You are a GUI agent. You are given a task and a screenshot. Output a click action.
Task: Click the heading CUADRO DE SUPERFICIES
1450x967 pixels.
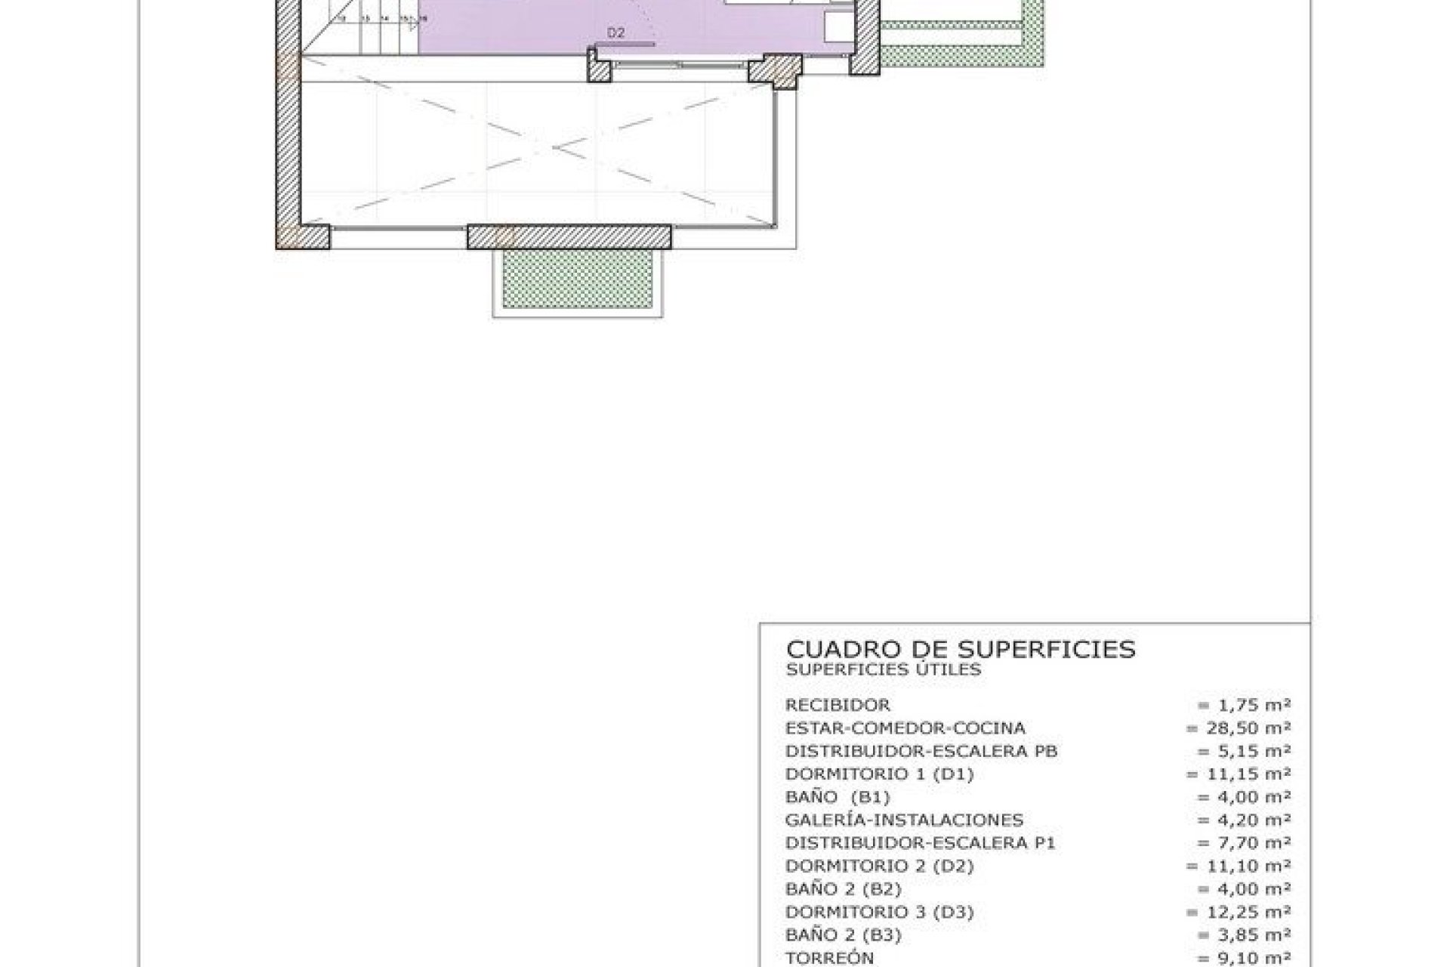click(961, 649)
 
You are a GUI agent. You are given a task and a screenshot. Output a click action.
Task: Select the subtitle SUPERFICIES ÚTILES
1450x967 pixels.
click(883, 669)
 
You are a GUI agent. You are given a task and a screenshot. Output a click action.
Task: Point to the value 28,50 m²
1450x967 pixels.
click(1239, 728)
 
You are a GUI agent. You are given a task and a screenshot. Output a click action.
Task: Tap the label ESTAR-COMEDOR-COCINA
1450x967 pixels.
click(905, 728)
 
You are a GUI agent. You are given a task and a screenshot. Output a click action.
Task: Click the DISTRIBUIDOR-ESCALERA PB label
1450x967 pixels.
click(921, 751)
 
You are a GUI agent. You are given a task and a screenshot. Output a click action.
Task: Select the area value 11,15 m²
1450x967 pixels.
click(1239, 774)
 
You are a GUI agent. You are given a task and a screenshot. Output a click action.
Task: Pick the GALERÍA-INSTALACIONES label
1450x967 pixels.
click(904, 820)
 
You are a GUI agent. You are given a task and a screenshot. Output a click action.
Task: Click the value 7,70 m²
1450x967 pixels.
click(1244, 842)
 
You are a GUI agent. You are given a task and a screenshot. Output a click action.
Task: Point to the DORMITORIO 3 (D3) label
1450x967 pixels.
click(879, 912)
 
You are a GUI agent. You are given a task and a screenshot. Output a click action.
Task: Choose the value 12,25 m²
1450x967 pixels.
click(1239, 912)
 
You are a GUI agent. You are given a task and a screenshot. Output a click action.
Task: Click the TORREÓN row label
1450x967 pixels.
click(829, 958)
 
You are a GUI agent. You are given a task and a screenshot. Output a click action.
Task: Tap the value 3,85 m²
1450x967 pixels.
click(1244, 935)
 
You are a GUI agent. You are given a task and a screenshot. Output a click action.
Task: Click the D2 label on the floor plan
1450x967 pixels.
click(616, 32)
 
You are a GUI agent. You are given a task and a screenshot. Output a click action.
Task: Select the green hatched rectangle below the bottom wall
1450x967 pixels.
click(578, 278)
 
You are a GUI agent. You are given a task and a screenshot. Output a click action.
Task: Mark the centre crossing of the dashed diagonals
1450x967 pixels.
click(553, 147)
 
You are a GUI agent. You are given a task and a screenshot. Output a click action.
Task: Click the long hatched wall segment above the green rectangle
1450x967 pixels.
click(569, 236)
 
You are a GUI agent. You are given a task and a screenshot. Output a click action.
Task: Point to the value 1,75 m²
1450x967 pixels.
click(1244, 705)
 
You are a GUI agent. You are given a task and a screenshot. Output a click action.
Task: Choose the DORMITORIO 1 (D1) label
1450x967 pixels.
click(879, 774)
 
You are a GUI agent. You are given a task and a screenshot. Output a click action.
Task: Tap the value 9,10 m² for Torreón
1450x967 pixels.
click(1244, 958)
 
